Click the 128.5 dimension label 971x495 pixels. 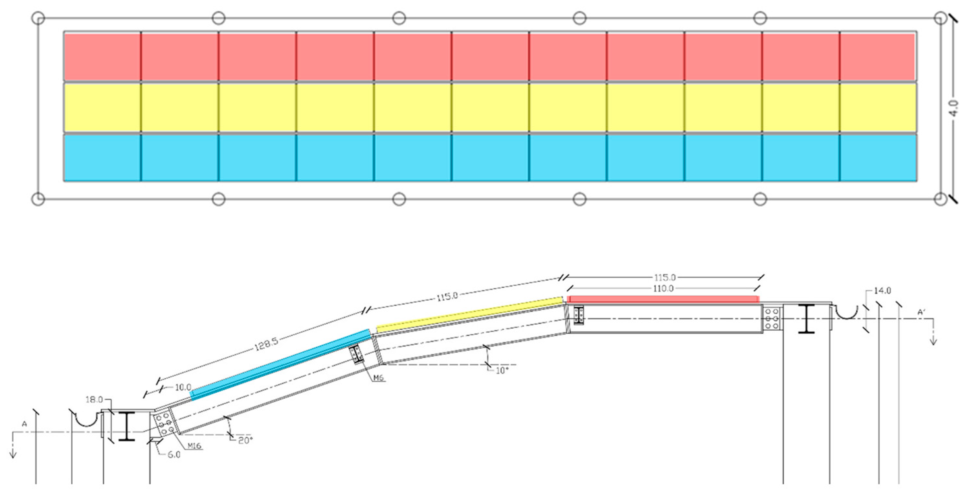coord(266,343)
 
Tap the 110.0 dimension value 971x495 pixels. coord(663,289)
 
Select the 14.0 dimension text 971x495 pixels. coord(882,291)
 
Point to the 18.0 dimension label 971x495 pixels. coord(94,399)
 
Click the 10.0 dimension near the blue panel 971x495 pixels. coord(183,387)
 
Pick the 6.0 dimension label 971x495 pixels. coord(173,455)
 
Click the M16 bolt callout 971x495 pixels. coord(194,446)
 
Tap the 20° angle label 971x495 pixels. coord(245,440)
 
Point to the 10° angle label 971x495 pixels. coord(502,371)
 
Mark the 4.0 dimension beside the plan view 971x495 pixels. coord(954,108)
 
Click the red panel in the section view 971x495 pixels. coord(664,299)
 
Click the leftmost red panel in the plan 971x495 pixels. coord(102,57)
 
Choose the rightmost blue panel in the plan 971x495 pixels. coord(877,158)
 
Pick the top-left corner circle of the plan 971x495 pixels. coord(38,18)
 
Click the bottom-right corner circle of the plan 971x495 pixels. coord(941,199)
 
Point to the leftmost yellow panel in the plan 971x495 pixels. coord(102,107)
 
